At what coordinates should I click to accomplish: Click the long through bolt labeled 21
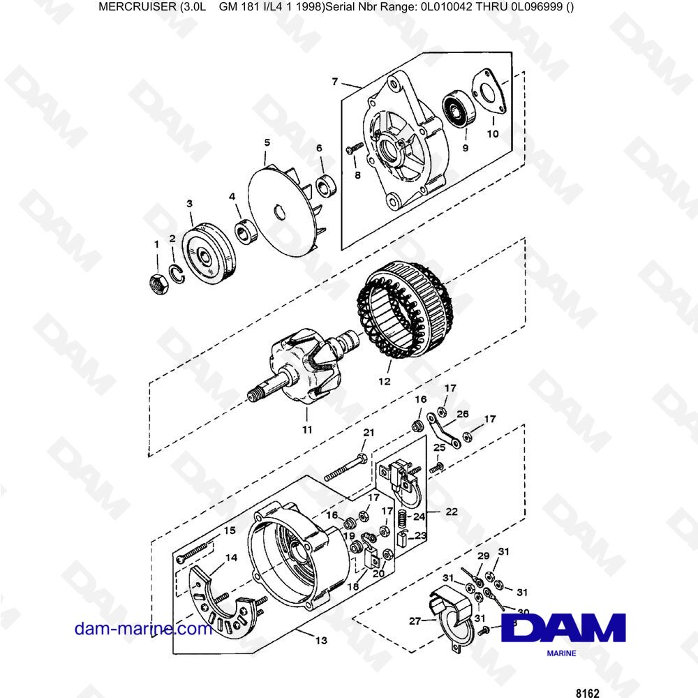[348, 468]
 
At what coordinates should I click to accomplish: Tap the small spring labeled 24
[403, 518]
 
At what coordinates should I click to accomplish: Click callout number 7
[335, 82]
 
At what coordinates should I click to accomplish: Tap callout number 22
[452, 511]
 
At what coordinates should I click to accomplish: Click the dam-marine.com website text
[143, 628]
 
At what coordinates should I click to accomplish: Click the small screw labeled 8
[354, 148]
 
